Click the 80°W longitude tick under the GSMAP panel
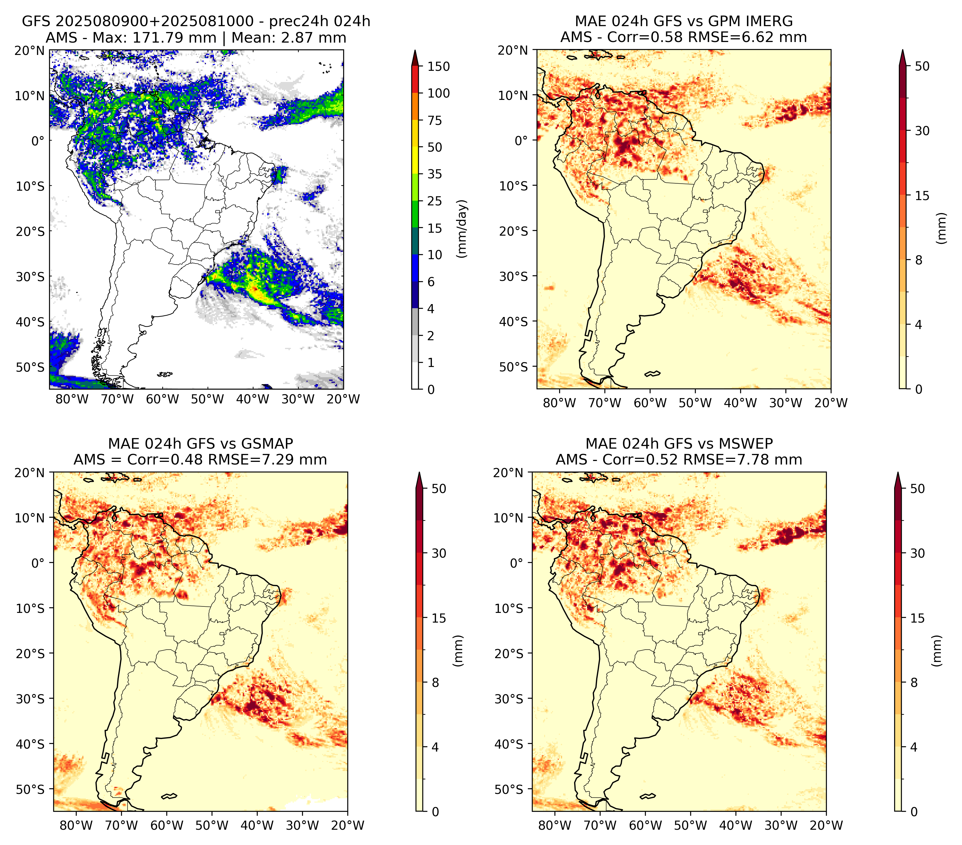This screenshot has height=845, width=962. tap(76, 825)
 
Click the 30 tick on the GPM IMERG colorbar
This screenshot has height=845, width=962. tap(922, 131)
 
